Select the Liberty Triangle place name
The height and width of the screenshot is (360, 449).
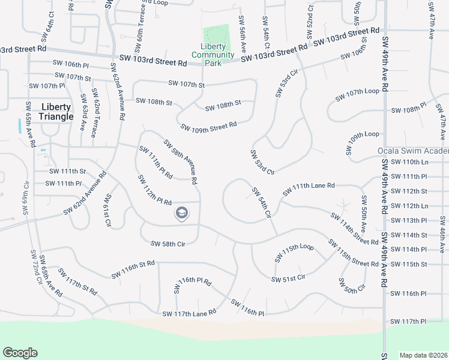click(55, 112)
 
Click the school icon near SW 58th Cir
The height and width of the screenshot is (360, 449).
click(181, 213)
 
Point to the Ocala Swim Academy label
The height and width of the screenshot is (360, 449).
click(413, 151)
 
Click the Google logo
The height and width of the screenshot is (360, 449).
click(20, 353)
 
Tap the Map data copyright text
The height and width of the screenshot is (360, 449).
click(423, 355)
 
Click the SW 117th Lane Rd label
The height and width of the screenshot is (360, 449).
click(188, 313)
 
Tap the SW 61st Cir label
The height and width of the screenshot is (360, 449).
click(107, 210)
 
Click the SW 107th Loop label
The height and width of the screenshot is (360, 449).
click(358, 94)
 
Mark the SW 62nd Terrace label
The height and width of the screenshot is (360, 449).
click(94, 113)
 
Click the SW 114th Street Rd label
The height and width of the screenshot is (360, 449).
click(354, 228)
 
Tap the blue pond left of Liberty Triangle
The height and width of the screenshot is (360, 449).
click(20, 126)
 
